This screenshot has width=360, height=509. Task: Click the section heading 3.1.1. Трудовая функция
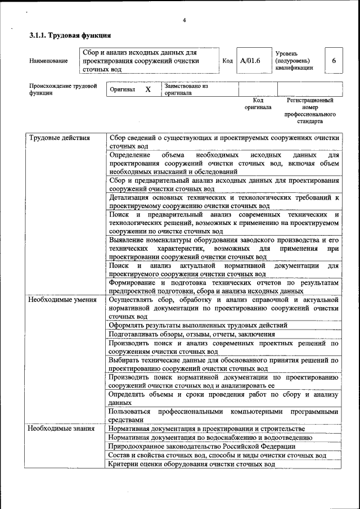point(66,35)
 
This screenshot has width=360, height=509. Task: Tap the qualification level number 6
point(334,61)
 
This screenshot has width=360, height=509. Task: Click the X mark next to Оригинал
point(148,89)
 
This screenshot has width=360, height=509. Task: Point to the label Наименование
point(48,61)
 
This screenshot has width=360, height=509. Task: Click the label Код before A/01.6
point(228,61)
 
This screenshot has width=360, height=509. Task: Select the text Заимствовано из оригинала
point(186,89)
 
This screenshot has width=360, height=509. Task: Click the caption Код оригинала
point(258,103)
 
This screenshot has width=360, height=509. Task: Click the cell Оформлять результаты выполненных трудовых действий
point(199,325)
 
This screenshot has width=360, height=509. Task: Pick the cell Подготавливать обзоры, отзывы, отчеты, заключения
point(192,334)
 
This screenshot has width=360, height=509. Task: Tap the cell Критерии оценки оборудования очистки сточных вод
point(192,465)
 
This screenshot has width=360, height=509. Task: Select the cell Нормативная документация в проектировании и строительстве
point(207,429)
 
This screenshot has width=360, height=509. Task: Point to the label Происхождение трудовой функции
point(62,89)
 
